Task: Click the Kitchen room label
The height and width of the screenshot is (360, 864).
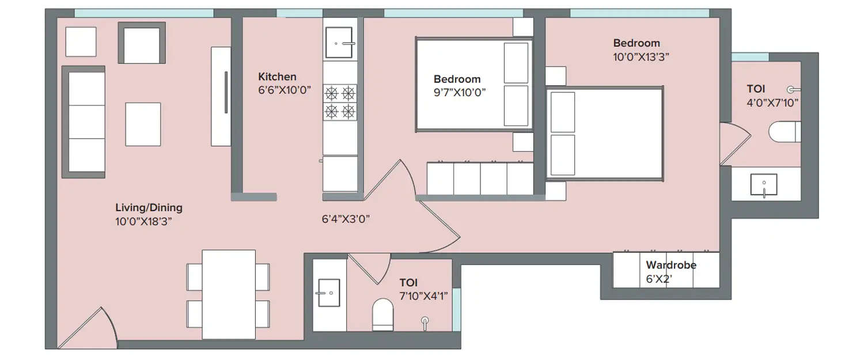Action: click(277, 77)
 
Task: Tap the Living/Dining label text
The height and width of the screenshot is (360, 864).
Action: click(149, 208)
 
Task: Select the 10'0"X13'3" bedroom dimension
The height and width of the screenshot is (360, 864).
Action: click(641, 57)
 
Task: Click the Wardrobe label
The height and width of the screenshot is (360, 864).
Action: click(670, 266)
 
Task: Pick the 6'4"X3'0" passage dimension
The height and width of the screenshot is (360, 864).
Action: click(345, 219)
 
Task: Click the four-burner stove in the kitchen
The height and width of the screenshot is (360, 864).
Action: click(340, 102)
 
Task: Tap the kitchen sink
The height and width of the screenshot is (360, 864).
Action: click(339, 42)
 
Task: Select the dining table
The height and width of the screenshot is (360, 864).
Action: click(229, 294)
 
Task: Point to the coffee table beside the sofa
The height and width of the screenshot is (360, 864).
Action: click(143, 124)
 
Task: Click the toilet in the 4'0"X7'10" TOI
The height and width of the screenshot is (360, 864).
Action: click(784, 131)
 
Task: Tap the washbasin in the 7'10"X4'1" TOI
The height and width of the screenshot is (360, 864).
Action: click(329, 293)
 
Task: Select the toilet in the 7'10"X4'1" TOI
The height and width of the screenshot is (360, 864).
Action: click(382, 314)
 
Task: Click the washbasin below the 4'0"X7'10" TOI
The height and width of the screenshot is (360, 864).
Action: click(763, 185)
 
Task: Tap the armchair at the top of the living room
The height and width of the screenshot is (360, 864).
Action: click(141, 43)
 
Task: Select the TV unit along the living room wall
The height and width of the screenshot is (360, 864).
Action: click(221, 96)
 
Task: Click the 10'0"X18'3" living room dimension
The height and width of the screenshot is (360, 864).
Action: click(144, 221)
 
